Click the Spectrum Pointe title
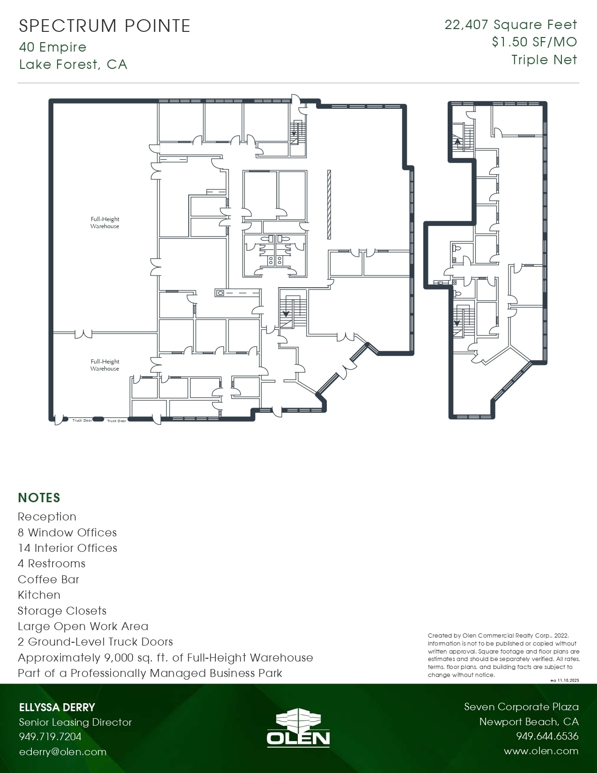pyautogui.click(x=104, y=26)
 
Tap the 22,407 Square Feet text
pyautogui.click(x=510, y=25)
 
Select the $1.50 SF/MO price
pyautogui.click(x=534, y=42)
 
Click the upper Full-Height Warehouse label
pyautogui.click(x=105, y=223)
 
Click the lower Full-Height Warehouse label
pyautogui.click(x=105, y=365)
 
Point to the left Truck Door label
pyautogui.click(x=82, y=420)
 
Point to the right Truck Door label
pyautogui.click(x=117, y=421)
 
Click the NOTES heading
pyautogui.click(x=39, y=498)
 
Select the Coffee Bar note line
pyautogui.click(x=49, y=580)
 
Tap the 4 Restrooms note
pyautogui.click(x=52, y=564)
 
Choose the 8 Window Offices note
pyautogui.click(x=67, y=533)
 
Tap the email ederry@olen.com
pyautogui.click(x=63, y=752)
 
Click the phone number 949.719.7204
pyautogui.click(x=50, y=736)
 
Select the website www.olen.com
pyautogui.click(x=541, y=751)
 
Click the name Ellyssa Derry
pyautogui.click(x=57, y=707)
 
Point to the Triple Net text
pyautogui.click(x=544, y=60)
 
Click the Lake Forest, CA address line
pyautogui.click(x=73, y=64)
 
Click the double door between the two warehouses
pyautogui.click(x=83, y=333)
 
